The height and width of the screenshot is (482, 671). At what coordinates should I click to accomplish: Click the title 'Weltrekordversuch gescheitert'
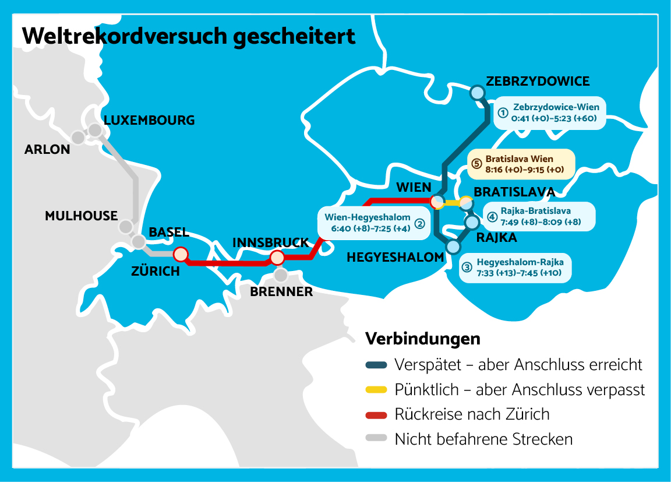point(188,36)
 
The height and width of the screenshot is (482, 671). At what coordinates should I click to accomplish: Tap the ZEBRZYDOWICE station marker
point(477,92)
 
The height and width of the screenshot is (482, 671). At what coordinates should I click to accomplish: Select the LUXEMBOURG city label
point(149,121)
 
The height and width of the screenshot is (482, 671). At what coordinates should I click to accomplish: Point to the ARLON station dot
point(78,138)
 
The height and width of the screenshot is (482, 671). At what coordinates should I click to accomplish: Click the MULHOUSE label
point(81,216)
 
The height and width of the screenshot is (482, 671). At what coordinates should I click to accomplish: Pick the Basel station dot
point(138,241)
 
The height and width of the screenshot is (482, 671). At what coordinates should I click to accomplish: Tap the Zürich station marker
point(181,254)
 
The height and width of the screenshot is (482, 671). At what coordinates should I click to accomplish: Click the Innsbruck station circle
point(277,257)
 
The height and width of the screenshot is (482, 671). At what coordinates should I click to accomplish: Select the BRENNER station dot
point(281,274)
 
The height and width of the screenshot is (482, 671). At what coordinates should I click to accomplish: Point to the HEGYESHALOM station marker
point(453,247)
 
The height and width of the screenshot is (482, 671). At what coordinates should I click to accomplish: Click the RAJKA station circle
point(472,222)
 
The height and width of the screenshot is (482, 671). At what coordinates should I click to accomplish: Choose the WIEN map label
point(413,188)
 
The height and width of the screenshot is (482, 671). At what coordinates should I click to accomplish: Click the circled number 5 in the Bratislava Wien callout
point(477,163)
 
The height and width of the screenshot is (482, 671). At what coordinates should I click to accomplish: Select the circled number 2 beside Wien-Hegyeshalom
point(419,223)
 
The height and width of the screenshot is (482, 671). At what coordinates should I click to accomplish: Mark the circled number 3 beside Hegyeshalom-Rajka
point(467,268)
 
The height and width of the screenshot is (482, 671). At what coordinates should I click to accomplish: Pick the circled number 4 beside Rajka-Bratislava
point(492,217)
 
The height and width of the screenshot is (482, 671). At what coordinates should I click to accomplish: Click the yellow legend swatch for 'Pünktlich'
point(376,389)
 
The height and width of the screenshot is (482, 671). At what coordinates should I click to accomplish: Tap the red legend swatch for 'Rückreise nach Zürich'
point(376,414)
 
